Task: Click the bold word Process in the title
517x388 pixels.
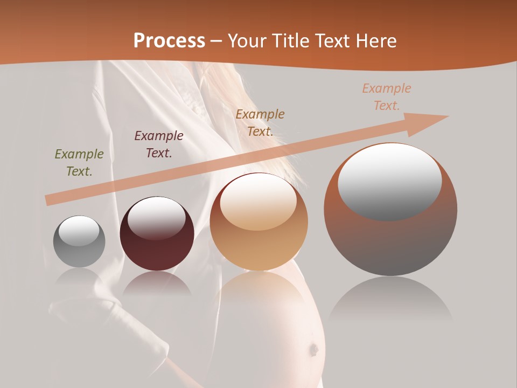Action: click(x=169, y=41)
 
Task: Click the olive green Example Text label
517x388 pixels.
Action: click(x=79, y=163)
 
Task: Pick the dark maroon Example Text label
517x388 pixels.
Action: click(x=158, y=144)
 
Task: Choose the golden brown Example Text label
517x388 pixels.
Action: click(x=260, y=122)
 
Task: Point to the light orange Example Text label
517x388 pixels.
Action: click(x=386, y=97)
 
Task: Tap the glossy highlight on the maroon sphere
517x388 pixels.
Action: click(x=156, y=217)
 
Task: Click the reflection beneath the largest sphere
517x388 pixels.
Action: click(x=390, y=302)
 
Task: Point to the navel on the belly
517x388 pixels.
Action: click(x=312, y=350)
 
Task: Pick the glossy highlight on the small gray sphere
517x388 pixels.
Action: click(x=79, y=231)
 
